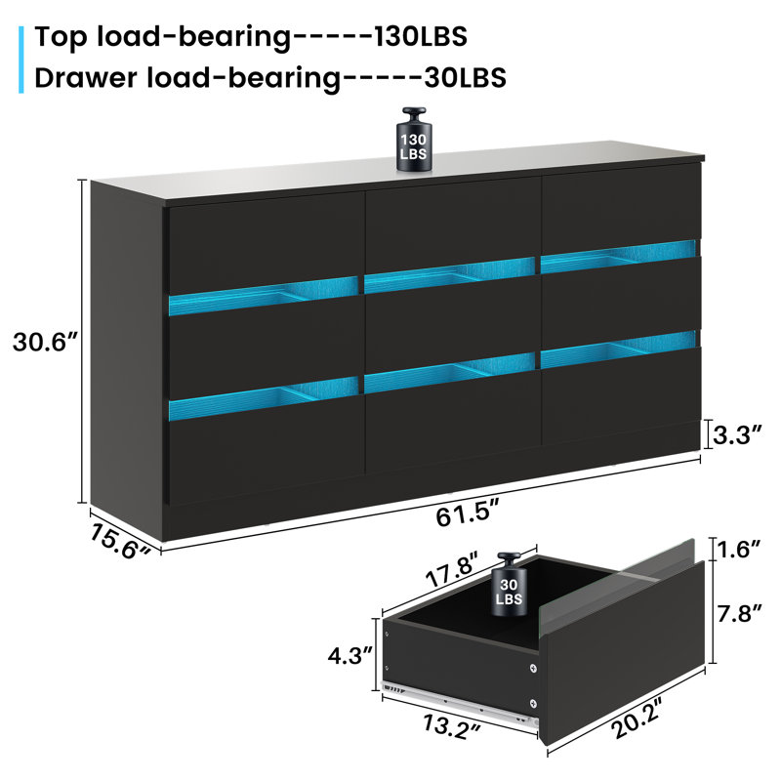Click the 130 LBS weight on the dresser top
click(x=414, y=140)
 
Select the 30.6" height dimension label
click(x=45, y=343)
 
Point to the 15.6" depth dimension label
click(x=119, y=542)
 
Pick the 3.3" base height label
click(x=738, y=434)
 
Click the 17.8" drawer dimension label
click(x=452, y=569)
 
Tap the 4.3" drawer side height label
click(x=350, y=655)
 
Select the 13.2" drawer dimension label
click(x=452, y=727)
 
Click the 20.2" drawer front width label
click(x=637, y=718)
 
